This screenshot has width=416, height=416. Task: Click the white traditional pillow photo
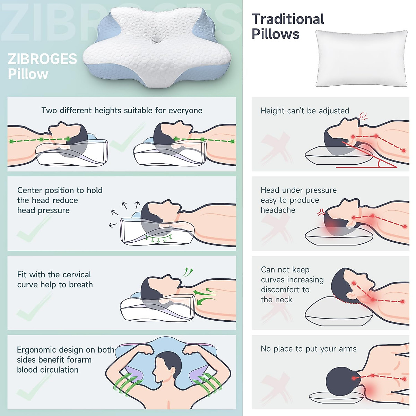tap(361, 58)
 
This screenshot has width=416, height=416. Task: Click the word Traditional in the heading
tap(288, 19)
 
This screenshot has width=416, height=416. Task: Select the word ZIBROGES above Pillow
tap(42, 59)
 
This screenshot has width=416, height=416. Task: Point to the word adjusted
tap(334, 111)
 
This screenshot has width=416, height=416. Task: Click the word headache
tap(278, 210)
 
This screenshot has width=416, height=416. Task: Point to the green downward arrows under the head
tap(159, 239)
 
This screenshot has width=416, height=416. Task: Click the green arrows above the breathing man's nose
tap(188, 271)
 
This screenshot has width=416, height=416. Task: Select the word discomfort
tap(285, 290)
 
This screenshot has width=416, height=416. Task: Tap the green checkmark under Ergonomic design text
tap(31, 388)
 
